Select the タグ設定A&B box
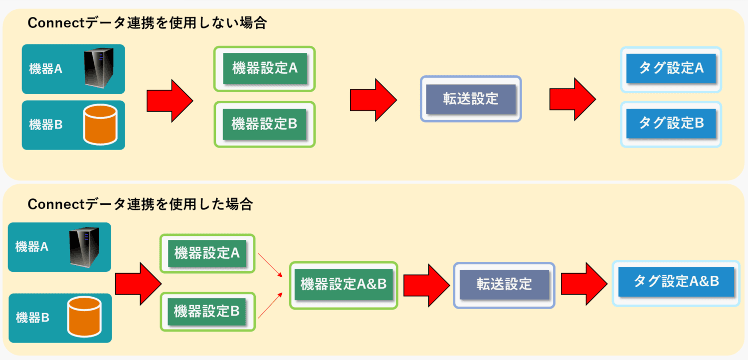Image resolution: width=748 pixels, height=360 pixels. (676, 283)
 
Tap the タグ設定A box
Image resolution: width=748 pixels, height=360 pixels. (671, 69)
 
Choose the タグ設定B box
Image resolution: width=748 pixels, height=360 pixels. (671, 124)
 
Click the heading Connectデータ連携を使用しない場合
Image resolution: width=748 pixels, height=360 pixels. (147, 23)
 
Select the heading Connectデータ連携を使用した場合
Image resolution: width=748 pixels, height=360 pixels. (140, 204)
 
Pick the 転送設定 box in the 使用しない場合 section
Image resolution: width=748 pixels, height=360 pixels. (471, 99)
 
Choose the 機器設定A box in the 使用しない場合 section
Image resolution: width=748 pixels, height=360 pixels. (265, 69)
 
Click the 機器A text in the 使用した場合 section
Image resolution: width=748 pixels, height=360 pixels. (32, 247)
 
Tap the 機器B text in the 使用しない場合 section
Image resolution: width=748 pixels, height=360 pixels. (46, 125)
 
